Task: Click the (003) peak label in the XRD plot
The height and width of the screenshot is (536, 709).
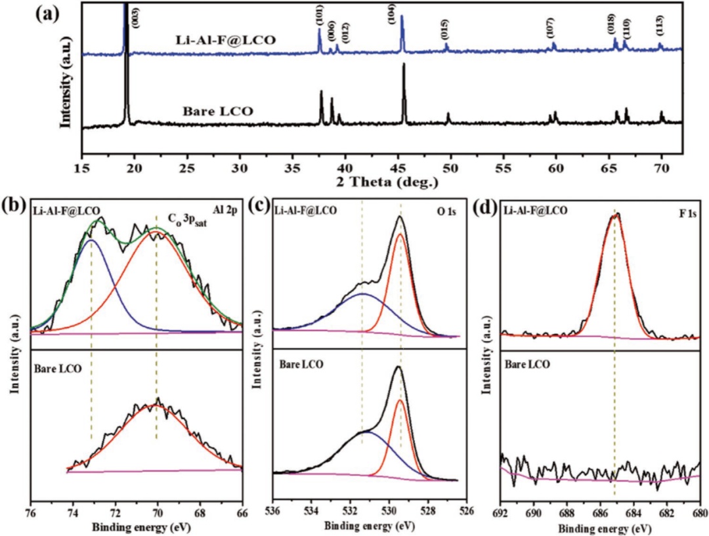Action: point(136,17)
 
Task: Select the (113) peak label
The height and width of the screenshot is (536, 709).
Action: point(659,28)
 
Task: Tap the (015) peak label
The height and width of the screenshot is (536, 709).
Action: point(444,30)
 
